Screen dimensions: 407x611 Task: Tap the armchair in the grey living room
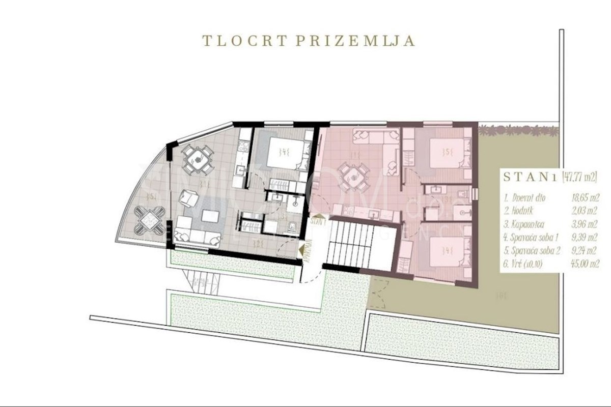click(x=188, y=197)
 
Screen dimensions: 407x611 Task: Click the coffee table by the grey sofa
click(x=210, y=216)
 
